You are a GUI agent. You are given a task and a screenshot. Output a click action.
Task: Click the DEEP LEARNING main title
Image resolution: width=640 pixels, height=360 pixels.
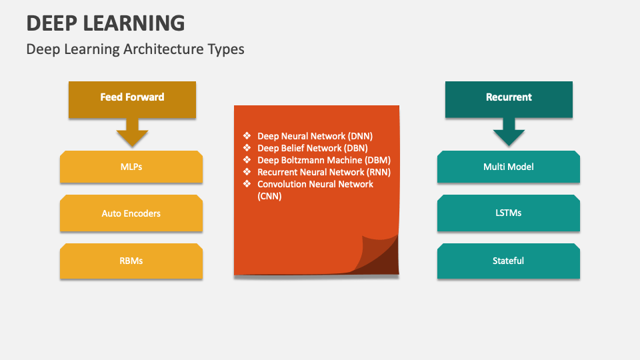(x=105, y=23)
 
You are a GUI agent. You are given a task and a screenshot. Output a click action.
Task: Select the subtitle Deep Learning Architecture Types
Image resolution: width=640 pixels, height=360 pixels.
(x=135, y=49)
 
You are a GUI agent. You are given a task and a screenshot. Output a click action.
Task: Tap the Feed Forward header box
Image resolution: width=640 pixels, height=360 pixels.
(x=132, y=97)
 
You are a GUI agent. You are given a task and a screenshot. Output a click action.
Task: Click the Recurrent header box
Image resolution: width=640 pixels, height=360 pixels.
(x=509, y=97)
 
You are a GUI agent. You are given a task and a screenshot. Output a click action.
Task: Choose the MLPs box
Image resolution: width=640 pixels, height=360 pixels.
(x=131, y=167)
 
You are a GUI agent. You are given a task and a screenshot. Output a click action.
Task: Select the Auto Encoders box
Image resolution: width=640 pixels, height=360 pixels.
(x=131, y=213)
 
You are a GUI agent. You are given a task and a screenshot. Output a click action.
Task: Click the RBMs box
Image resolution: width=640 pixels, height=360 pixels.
(x=131, y=261)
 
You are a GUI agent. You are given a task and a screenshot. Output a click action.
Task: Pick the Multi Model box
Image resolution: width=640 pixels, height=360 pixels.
(x=509, y=167)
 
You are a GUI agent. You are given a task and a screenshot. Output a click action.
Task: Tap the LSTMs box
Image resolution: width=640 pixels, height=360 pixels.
(x=509, y=213)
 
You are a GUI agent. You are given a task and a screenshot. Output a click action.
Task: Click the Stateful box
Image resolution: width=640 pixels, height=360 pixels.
(x=509, y=261)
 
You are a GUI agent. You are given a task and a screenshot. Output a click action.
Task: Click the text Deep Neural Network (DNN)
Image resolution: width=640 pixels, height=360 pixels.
(x=315, y=135)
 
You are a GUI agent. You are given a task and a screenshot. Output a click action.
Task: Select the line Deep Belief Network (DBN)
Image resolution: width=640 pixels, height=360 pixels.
(x=313, y=148)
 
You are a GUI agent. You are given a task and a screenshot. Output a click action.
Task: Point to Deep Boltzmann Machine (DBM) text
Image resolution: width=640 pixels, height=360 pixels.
(x=324, y=160)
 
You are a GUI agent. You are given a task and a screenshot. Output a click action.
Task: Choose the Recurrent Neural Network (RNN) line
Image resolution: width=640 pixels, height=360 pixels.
(x=324, y=172)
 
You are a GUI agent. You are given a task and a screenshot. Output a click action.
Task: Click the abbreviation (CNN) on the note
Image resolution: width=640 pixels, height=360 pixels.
(x=269, y=196)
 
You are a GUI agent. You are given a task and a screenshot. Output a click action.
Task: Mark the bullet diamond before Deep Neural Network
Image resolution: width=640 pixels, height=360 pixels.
(x=247, y=135)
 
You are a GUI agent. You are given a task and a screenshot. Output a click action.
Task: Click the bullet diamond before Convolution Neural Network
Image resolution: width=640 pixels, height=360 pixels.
(x=247, y=184)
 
